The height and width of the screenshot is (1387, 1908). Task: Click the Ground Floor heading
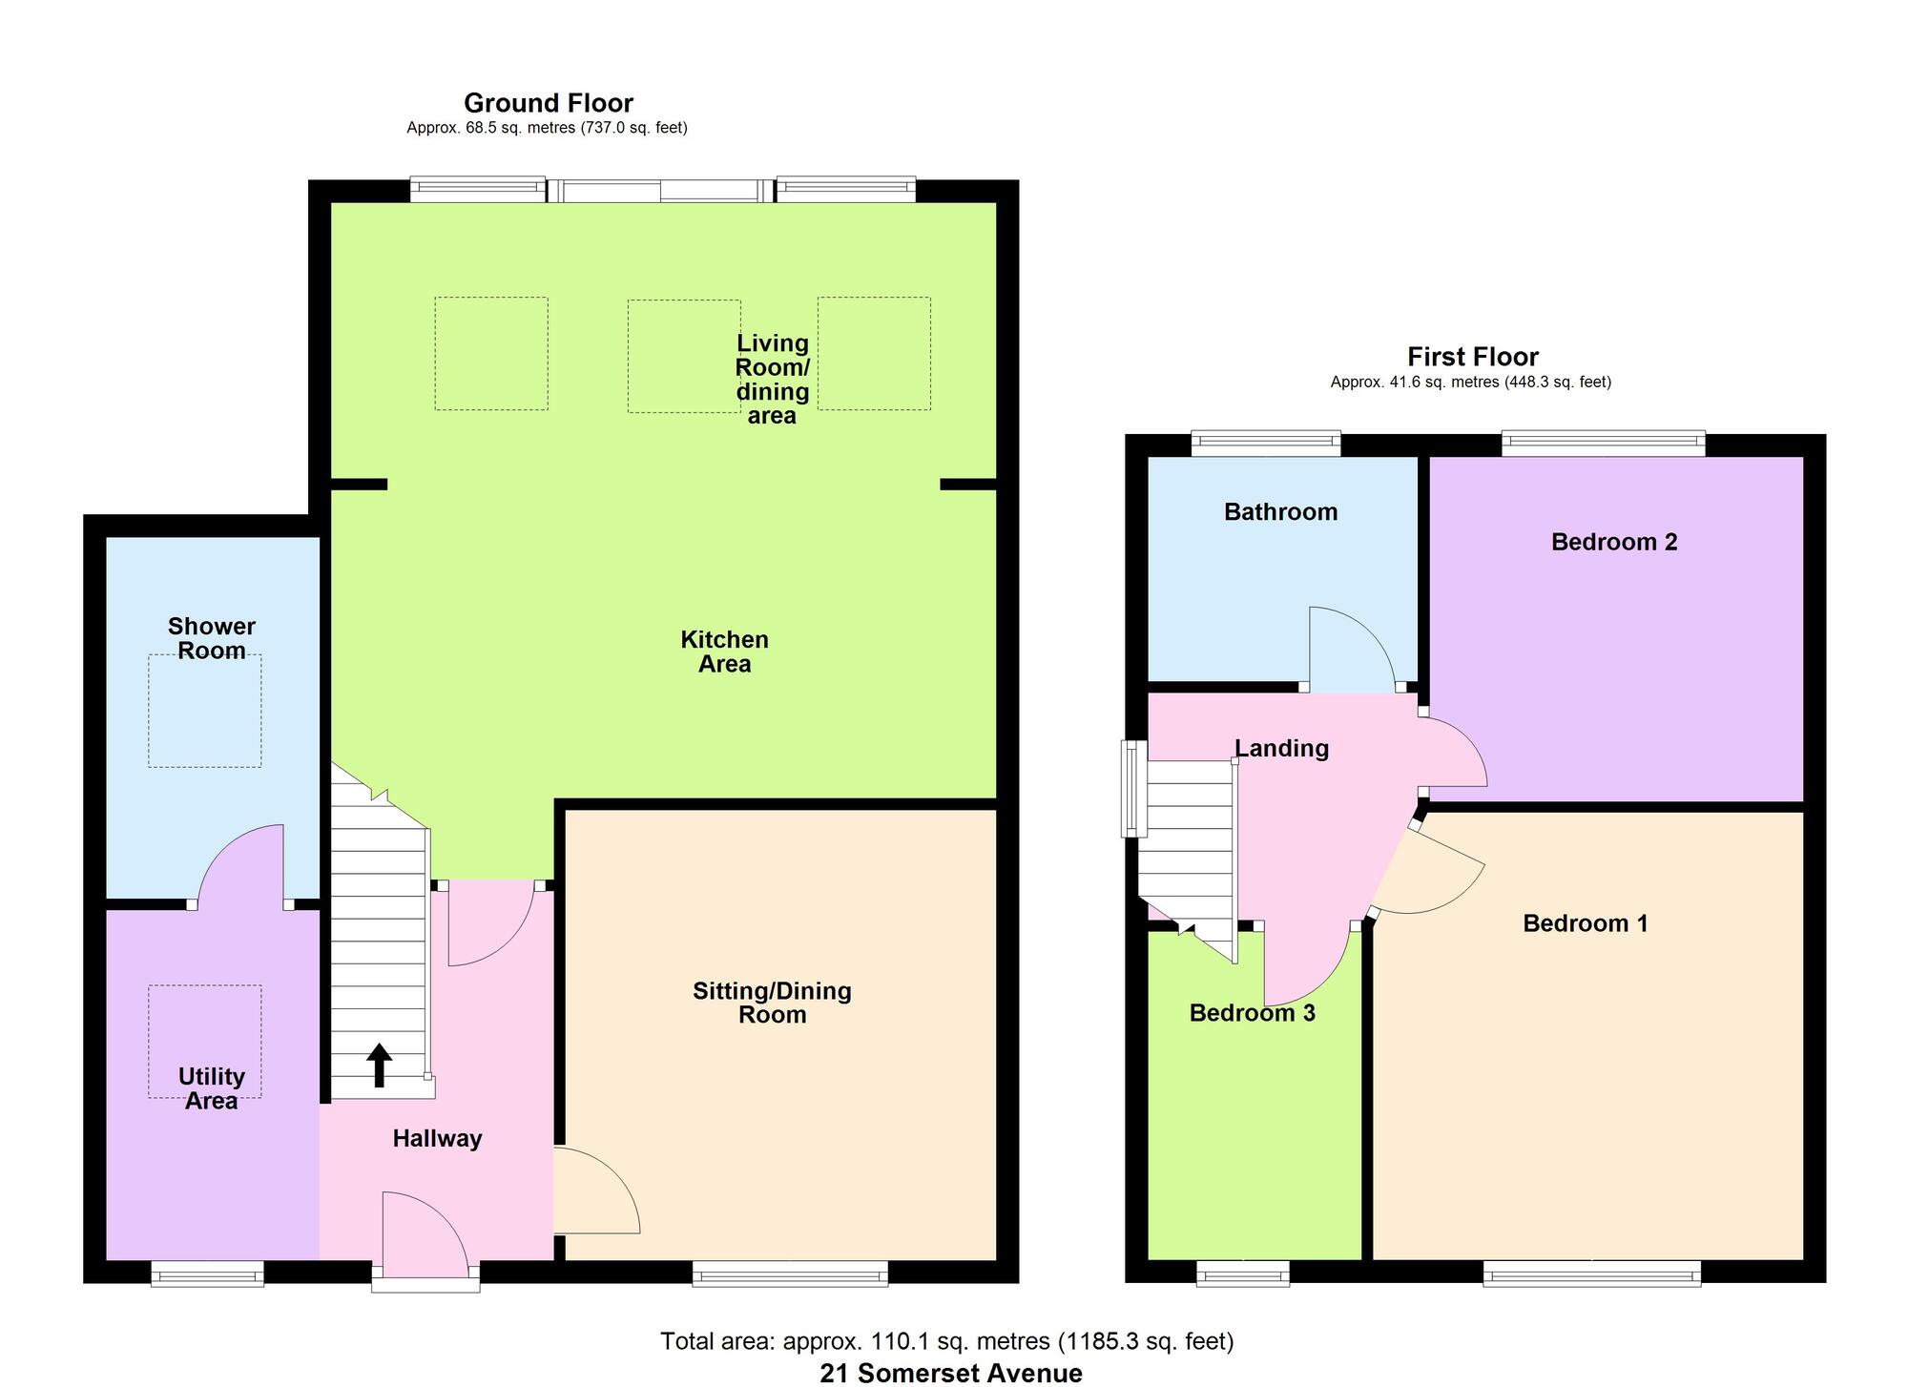click(549, 103)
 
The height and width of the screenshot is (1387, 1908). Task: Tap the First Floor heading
click(1473, 357)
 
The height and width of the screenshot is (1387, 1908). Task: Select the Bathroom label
click(1280, 512)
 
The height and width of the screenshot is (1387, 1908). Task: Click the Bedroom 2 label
click(1614, 542)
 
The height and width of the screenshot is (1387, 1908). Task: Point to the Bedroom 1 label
click(1586, 923)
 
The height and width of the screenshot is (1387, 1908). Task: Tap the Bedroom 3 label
click(1252, 1013)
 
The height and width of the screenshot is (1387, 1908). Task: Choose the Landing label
click(1282, 749)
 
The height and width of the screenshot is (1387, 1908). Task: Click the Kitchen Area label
click(724, 652)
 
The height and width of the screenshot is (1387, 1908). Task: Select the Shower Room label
click(212, 638)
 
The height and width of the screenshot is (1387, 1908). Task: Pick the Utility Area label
click(212, 1088)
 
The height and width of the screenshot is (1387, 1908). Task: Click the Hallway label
click(437, 1138)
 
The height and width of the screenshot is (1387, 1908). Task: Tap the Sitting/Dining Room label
click(772, 1003)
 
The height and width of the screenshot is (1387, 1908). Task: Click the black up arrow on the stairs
click(380, 1066)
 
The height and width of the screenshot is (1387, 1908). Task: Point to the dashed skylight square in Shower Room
click(204, 711)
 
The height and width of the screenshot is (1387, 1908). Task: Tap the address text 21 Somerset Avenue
click(951, 1374)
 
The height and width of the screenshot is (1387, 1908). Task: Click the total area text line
click(947, 1342)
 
